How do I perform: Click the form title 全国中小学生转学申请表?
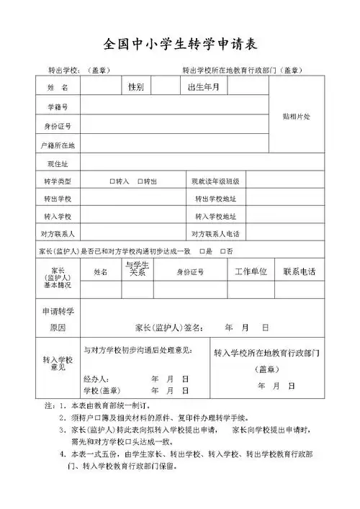(180, 42)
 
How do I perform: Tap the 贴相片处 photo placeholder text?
(294, 117)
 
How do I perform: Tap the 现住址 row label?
(57, 164)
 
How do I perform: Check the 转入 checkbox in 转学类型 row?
(112, 181)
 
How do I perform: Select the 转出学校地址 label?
(216, 199)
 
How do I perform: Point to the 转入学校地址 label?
(216, 217)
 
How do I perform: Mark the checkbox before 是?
(200, 251)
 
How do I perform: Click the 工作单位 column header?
(251, 271)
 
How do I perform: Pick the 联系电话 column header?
(299, 271)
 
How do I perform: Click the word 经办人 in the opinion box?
(96, 378)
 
